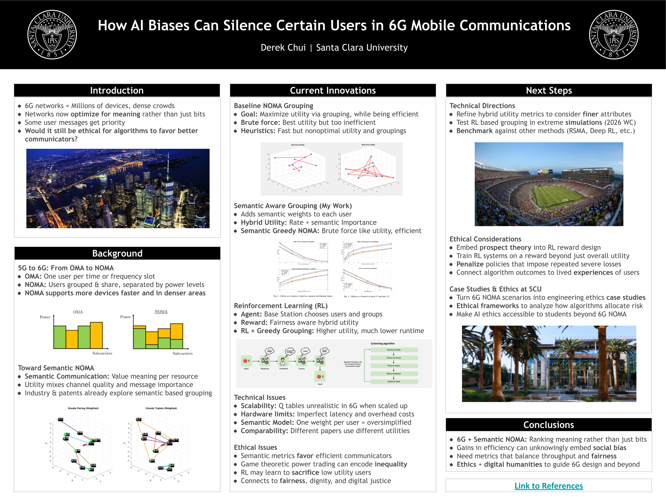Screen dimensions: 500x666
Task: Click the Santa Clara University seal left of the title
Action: pos(52,34)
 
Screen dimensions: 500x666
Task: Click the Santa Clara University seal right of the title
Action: pos(614,34)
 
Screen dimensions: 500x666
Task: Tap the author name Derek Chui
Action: pos(283,48)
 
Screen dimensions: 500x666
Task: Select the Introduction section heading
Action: pos(117,90)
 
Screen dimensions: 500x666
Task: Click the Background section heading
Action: pos(117,253)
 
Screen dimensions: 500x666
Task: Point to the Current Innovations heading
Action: pos(333,90)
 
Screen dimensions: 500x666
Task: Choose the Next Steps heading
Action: pos(549,90)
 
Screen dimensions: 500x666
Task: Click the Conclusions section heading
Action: pos(548,425)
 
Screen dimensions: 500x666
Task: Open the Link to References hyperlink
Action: pos(548,486)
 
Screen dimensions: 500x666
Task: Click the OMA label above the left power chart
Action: pos(78,312)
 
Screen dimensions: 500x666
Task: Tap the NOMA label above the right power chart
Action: pos(161,312)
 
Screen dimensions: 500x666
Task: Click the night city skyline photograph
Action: pos(118,188)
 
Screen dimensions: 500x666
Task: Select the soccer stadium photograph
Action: pos(549,184)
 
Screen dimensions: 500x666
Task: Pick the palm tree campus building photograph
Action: pos(549,363)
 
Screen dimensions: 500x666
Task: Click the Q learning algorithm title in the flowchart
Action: pos(382,343)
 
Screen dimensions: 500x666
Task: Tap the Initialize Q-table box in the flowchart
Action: pos(394,350)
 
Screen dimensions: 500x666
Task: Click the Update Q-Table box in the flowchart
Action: pos(394,382)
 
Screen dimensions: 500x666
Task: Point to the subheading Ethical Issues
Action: pos(255,447)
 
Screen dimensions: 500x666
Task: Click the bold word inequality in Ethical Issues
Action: pos(391,464)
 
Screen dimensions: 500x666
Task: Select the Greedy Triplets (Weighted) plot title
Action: pos(161,408)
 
